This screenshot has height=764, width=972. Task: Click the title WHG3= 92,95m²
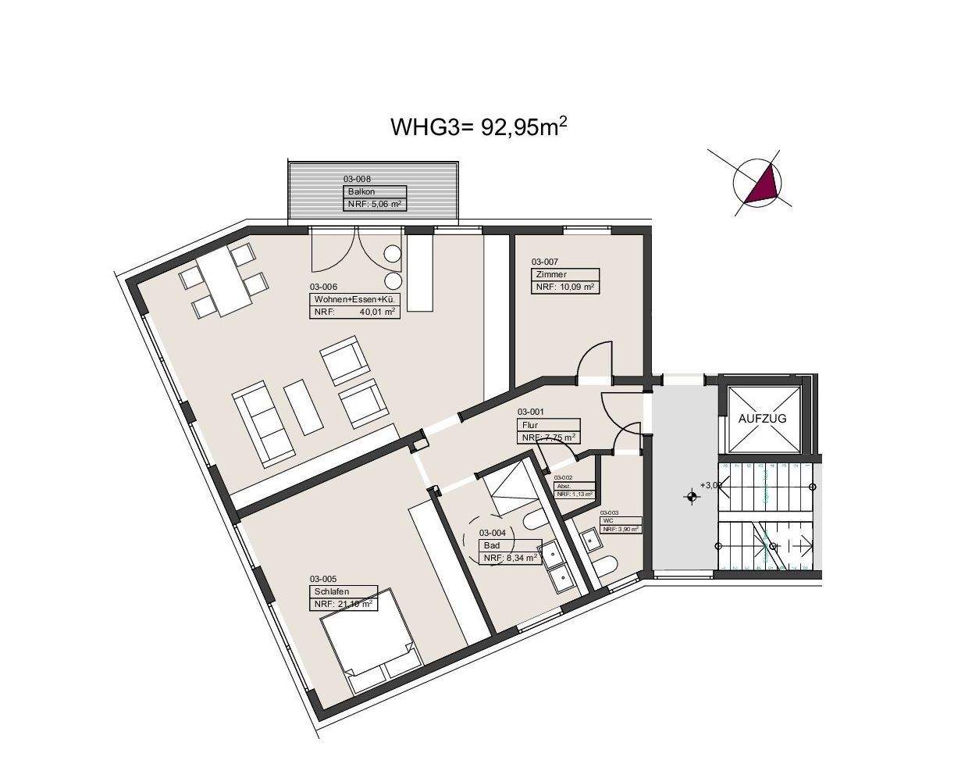point(478,127)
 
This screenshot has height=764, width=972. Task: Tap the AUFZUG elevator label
point(762,418)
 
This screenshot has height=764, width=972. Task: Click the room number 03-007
point(545,262)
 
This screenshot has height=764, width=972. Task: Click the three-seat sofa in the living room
point(262,422)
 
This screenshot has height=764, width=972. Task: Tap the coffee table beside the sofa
point(303,406)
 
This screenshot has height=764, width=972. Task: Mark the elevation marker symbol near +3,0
point(691,495)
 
